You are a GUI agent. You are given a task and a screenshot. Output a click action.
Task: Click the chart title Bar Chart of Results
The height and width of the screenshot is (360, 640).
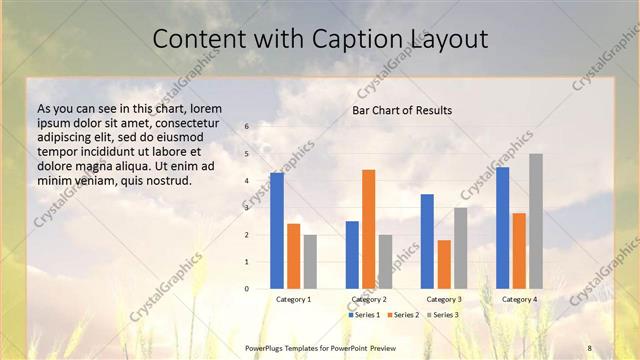pyautogui.click(x=401, y=110)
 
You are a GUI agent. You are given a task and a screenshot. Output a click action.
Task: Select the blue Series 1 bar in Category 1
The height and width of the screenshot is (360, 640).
pyautogui.click(x=277, y=231)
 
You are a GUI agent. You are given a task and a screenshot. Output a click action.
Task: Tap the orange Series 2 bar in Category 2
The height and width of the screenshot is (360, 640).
pyautogui.click(x=369, y=229)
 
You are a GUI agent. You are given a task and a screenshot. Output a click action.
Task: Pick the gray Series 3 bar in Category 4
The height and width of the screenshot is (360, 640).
pyautogui.click(x=536, y=221)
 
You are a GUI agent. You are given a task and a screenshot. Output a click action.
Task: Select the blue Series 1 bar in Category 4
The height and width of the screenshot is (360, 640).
pyautogui.click(x=502, y=228)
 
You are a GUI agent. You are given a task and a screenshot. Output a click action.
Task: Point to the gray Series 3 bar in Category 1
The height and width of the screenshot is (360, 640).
pyautogui.click(x=310, y=262)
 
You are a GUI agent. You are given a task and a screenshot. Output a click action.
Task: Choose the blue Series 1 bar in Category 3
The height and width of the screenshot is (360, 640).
pyautogui.click(x=427, y=241)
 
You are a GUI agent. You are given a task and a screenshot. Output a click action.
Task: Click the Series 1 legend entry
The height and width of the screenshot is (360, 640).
pyautogui.click(x=364, y=315)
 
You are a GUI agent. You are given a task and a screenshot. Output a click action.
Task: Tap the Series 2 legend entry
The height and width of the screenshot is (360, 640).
pyautogui.click(x=403, y=315)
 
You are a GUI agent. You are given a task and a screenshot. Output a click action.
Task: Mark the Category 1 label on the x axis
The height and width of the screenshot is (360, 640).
pyautogui.click(x=293, y=299)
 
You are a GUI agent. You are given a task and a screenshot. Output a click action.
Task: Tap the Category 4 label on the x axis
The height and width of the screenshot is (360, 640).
pyautogui.click(x=519, y=299)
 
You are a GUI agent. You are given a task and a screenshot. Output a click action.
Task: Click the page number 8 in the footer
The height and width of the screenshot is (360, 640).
pyautogui.click(x=589, y=347)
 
